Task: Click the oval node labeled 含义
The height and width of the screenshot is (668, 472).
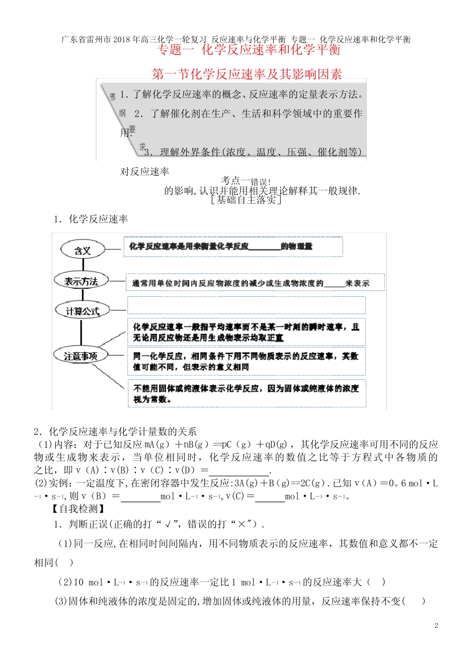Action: coord(82,250)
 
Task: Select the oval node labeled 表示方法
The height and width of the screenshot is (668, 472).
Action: coord(80,281)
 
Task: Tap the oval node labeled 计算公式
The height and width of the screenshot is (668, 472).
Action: coord(82,311)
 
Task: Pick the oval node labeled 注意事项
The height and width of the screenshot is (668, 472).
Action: coord(80,356)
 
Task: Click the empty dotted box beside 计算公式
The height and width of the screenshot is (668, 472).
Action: coord(246,305)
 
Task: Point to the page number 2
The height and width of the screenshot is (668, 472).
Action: coord(436,625)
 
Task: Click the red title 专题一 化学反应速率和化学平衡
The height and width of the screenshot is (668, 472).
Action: coord(249,50)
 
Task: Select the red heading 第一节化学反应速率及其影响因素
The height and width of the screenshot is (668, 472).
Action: coord(247,74)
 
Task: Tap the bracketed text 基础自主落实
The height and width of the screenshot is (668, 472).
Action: coord(246,200)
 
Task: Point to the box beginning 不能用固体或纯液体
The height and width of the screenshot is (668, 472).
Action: coord(247,394)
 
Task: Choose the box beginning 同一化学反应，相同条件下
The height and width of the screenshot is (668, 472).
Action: coord(247,361)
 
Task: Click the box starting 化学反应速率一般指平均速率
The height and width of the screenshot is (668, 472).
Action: coord(247,332)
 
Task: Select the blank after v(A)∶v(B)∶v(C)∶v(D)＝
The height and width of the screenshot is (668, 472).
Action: coord(239,470)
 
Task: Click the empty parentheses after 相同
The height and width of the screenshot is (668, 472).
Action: coord(64,563)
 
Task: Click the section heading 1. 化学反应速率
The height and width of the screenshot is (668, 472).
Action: coord(91,219)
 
